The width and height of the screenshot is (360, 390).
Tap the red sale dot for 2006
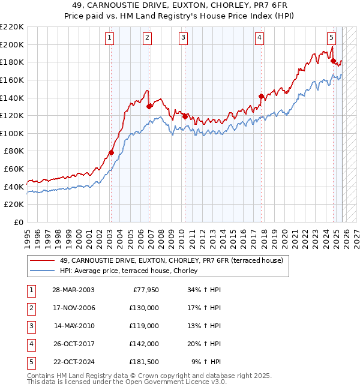148,106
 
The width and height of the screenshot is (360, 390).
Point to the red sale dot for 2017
261,96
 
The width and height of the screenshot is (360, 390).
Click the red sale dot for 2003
111,153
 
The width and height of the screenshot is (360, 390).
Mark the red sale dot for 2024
332,60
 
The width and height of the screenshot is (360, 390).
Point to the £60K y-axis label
14,169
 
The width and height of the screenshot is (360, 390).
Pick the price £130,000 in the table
145,308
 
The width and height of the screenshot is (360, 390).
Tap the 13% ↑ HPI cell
206,326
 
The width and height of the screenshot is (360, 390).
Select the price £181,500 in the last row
145,362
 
